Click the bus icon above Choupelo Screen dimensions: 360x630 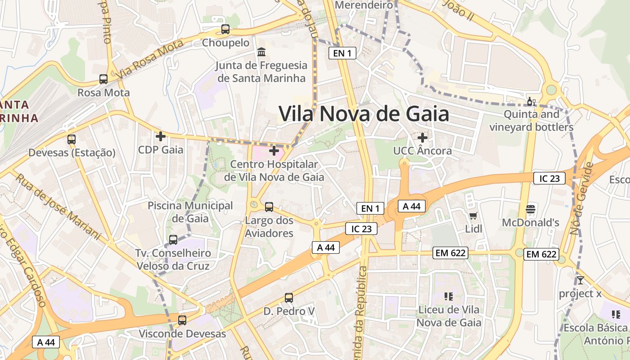(225, 29)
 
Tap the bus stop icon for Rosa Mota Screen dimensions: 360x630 (103, 79)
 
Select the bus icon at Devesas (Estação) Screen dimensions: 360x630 (72, 139)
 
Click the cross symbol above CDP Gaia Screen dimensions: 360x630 (161, 136)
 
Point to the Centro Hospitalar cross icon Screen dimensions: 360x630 (274, 151)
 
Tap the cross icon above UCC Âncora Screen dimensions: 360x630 (422, 137)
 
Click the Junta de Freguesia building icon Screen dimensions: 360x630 (261, 52)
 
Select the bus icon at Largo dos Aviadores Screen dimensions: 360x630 (269, 207)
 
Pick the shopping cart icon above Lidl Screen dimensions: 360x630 (473, 216)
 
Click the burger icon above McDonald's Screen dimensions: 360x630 (531, 209)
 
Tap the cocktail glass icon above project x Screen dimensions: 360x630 (580, 280)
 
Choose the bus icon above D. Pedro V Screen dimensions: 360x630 (289, 298)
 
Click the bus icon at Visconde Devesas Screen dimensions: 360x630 (182, 320)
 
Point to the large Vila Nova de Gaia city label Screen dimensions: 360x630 (364, 114)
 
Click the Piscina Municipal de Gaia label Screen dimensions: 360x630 (191, 212)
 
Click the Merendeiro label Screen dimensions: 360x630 (364, 5)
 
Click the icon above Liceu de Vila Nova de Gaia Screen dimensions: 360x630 (448, 296)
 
